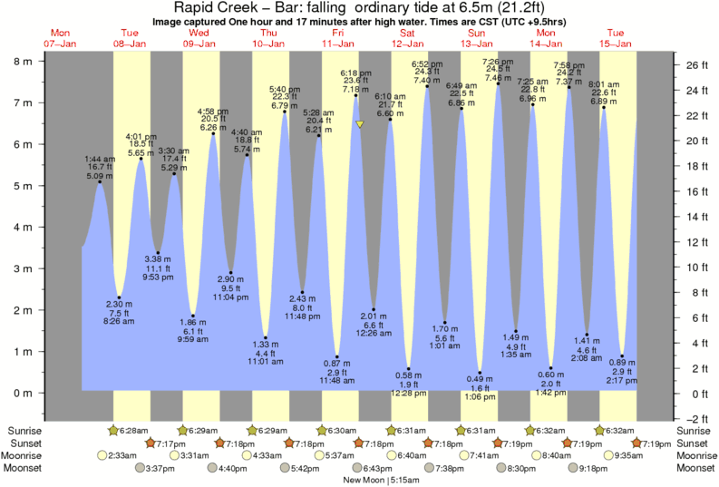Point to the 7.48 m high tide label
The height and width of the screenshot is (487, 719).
[x=498, y=78]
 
